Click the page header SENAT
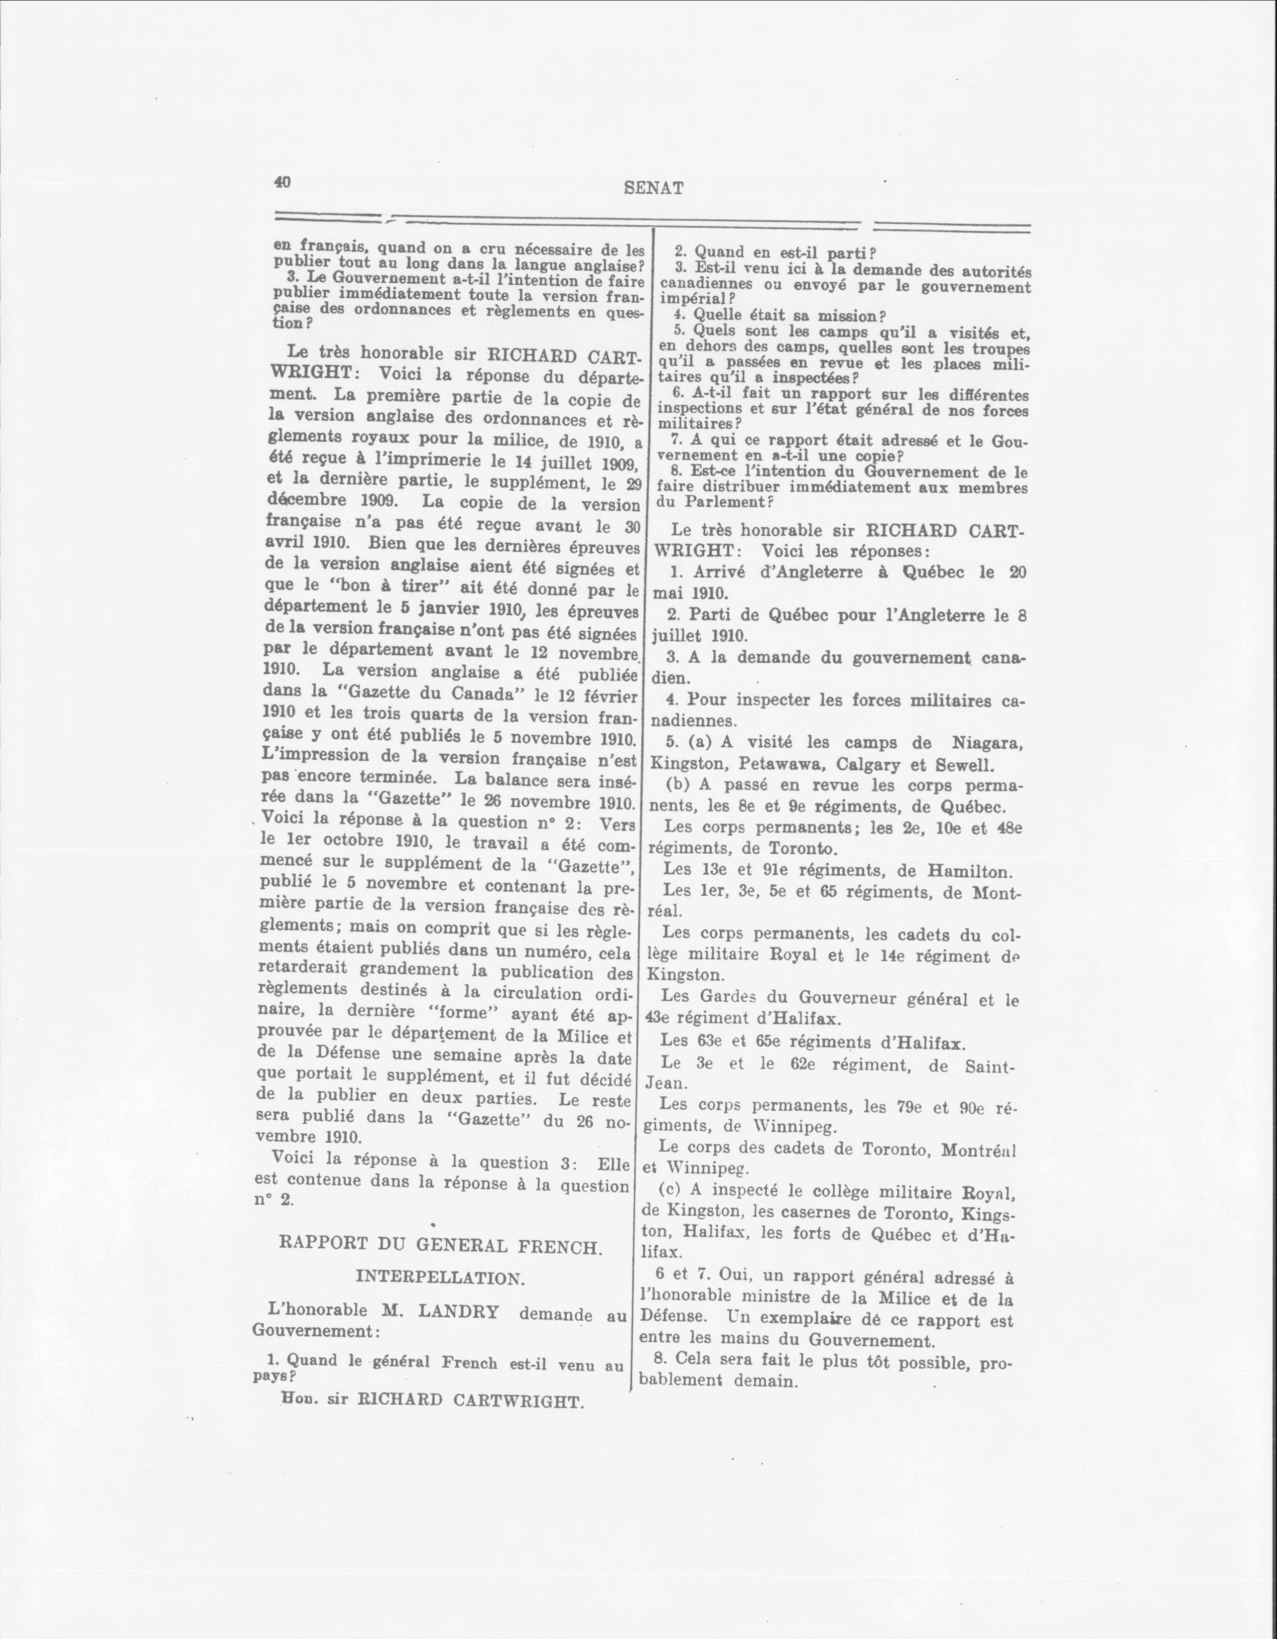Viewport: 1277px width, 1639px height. click(x=654, y=188)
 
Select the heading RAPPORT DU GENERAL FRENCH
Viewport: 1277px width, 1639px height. click(x=440, y=1245)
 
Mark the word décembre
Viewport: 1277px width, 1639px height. click(x=303, y=500)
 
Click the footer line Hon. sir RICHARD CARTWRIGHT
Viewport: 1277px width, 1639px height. click(x=432, y=1401)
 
